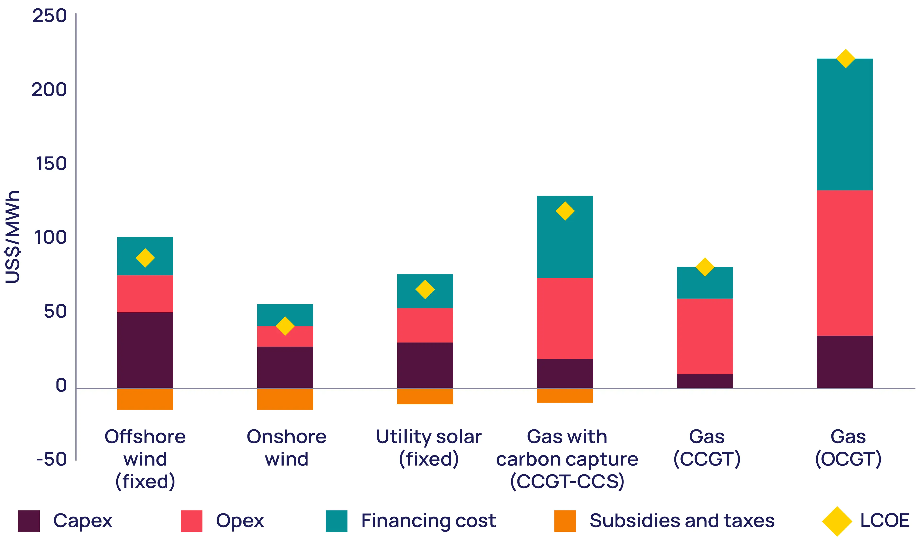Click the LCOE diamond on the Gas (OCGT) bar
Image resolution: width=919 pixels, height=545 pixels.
[x=845, y=59]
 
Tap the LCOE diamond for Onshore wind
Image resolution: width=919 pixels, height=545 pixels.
[x=285, y=326]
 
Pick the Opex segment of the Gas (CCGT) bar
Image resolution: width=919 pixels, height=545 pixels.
[x=705, y=336]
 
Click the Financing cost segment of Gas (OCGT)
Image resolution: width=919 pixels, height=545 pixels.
[x=845, y=124]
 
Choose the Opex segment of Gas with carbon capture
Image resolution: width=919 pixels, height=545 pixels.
[x=565, y=318]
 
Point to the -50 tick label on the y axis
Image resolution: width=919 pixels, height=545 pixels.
[x=51, y=459]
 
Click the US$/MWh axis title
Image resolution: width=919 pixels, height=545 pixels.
[x=12, y=237]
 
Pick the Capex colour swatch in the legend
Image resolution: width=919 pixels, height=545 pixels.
[x=29, y=521]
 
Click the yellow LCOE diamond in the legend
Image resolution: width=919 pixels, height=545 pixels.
[x=837, y=521]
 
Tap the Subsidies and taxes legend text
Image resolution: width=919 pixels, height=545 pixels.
[x=682, y=521]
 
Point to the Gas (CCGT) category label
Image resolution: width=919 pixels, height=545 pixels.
[x=707, y=448]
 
